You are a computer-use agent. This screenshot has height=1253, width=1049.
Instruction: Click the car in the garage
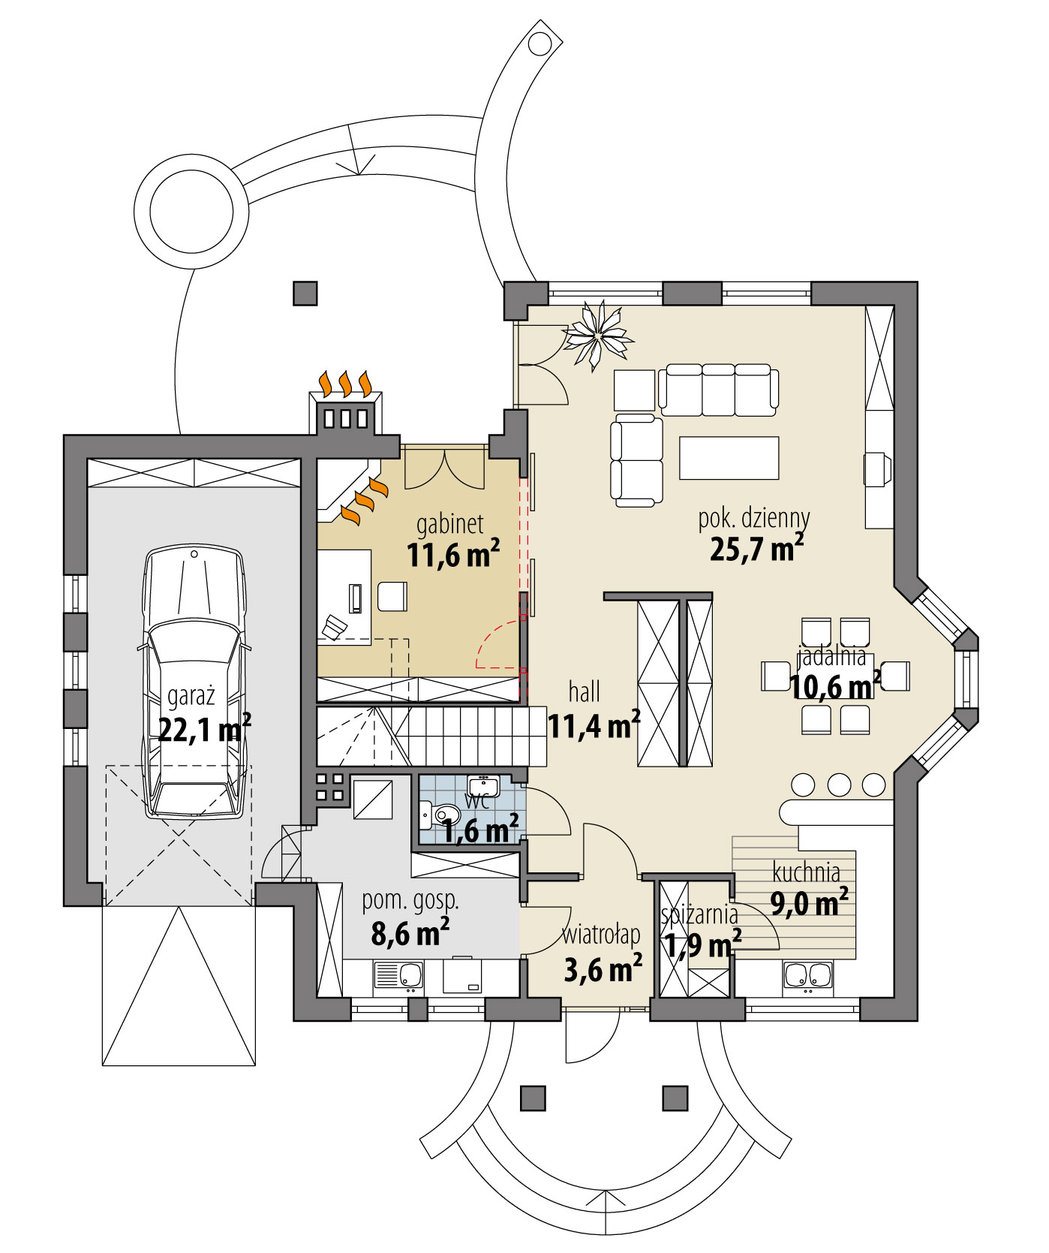tap(194, 679)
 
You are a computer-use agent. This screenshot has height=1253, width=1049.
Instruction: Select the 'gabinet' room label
tap(449, 523)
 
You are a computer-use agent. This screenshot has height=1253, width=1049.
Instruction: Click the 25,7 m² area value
tap(756, 549)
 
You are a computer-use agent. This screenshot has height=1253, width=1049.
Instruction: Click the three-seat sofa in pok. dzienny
tap(718, 390)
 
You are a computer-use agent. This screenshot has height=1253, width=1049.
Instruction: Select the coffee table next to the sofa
tap(729, 457)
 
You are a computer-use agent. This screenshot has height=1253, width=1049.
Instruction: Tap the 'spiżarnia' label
tap(699, 914)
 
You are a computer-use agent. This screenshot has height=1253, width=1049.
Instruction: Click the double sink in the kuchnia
tap(807, 974)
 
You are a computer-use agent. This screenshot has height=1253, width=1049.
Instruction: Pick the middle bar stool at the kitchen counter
tap(839, 785)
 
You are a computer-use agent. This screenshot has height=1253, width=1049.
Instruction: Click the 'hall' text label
tap(584, 691)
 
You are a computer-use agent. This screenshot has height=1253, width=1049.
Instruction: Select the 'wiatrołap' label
tap(601, 935)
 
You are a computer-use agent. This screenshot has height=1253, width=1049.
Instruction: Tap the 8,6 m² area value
tap(410, 933)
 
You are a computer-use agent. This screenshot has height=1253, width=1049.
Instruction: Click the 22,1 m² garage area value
tap(204, 728)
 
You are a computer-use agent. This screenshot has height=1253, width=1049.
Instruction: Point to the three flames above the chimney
tap(346, 383)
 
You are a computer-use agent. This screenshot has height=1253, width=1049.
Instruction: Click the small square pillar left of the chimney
tap(305, 293)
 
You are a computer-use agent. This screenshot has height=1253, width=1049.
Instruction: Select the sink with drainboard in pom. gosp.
tap(398, 975)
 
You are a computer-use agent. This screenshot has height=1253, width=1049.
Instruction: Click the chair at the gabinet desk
tap(392, 597)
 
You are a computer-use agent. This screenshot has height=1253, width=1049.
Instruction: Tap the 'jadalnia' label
tap(831, 656)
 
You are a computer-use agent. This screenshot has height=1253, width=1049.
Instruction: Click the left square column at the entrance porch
tap(533, 1098)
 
